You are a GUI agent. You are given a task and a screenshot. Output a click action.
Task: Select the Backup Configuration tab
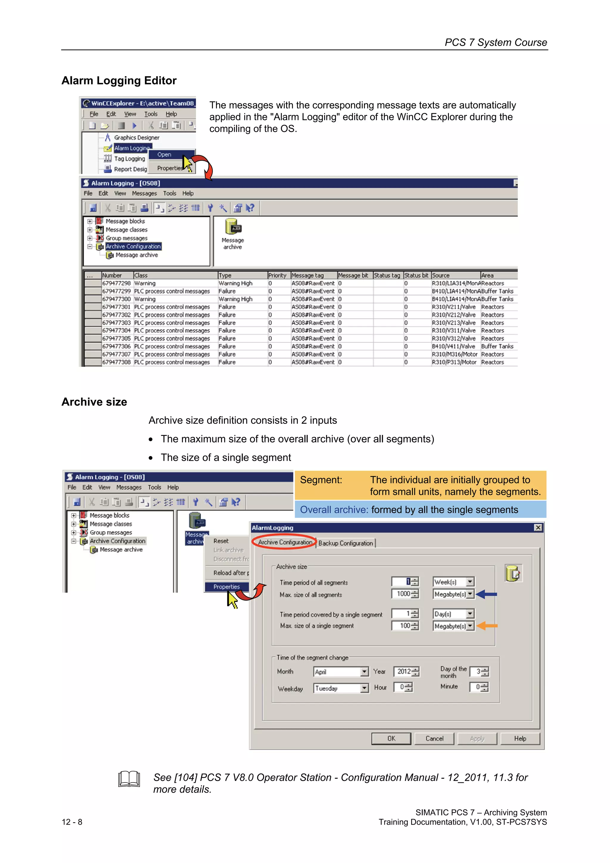[x=346, y=543]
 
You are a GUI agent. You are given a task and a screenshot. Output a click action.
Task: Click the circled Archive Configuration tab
[x=285, y=542]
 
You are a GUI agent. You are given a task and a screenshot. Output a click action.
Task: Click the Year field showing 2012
[x=404, y=671]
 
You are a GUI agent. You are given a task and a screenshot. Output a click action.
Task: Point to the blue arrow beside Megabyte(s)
[x=486, y=594]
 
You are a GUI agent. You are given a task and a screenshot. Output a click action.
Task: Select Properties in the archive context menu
[x=226, y=587]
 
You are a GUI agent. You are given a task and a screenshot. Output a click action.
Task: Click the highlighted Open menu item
[x=164, y=155]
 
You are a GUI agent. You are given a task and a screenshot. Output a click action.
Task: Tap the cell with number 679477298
[x=116, y=283]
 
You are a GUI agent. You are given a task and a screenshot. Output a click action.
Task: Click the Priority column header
[x=277, y=275]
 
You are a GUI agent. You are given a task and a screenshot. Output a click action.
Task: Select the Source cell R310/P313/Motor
[x=454, y=362]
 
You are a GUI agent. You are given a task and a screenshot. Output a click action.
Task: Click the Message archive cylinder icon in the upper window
[x=233, y=227]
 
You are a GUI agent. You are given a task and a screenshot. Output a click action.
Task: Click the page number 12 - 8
[x=72, y=822]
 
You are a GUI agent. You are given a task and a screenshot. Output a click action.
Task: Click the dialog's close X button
[x=538, y=528]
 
